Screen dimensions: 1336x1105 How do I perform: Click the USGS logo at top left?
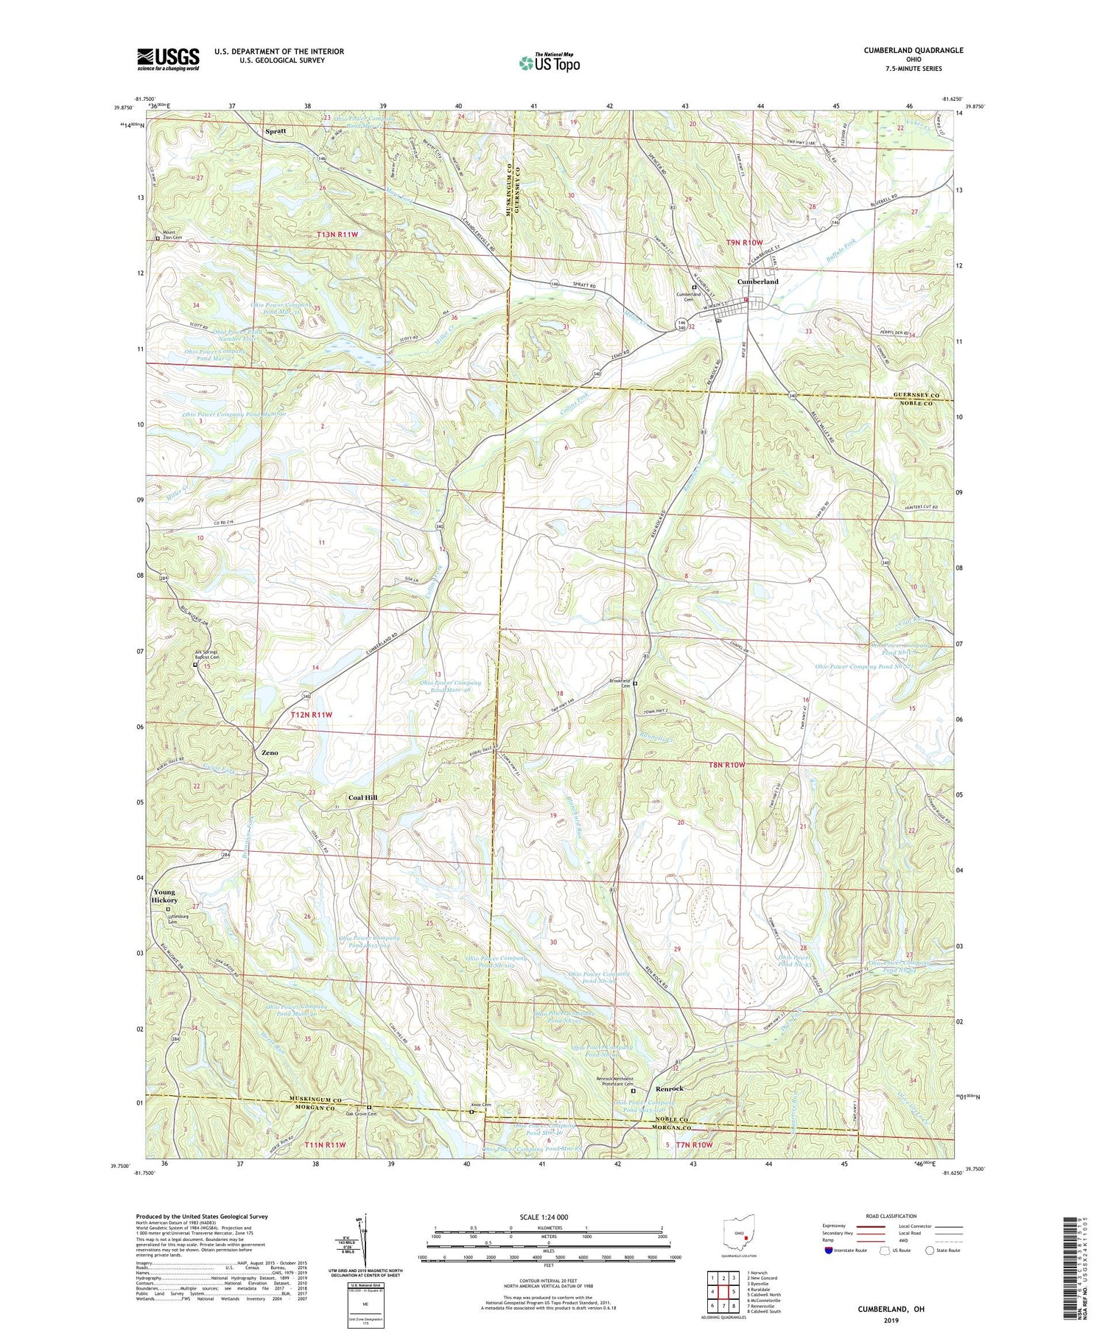[168, 59]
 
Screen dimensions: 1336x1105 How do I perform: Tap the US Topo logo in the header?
[548, 63]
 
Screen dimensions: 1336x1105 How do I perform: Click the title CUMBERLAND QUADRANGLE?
[903, 51]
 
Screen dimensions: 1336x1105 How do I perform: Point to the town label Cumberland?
[758, 281]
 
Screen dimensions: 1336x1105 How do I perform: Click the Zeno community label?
[270, 753]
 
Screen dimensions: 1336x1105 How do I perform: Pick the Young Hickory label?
[164, 896]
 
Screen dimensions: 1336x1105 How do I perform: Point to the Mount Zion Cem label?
[172, 240]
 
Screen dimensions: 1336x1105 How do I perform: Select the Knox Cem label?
[481, 1105]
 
